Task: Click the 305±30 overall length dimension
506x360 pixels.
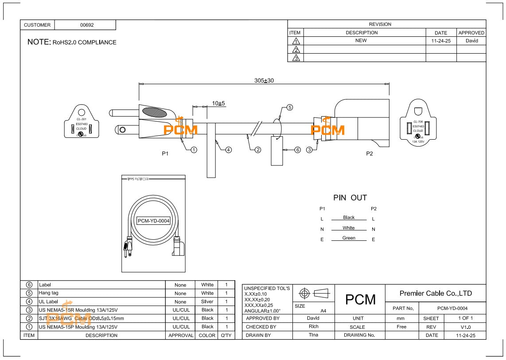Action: (264, 80)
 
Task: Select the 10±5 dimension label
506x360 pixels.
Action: (218, 103)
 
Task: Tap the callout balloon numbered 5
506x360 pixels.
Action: (289, 107)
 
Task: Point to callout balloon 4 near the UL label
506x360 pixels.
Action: (229, 150)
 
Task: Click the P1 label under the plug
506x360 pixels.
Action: (165, 153)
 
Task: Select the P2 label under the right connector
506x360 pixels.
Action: (370, 153)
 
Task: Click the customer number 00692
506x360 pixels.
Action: (87, 25)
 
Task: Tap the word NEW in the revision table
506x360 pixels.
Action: (361, 40)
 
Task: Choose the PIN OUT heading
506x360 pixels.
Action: (350, 198)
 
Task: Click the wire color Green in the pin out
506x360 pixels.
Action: (349, 238)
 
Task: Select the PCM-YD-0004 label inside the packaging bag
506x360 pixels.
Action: (154, 221)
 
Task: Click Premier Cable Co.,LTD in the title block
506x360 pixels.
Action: (436, 293)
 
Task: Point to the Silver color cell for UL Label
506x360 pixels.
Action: (207, 301)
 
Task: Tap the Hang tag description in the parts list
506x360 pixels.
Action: (48, 293)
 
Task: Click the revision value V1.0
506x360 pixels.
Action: (465, 327)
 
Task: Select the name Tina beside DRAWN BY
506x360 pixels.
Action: (313, 335)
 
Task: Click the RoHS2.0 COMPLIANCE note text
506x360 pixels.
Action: (85, 43)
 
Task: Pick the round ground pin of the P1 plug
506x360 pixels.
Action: (122, 130)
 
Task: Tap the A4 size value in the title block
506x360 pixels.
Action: (323, 311)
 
